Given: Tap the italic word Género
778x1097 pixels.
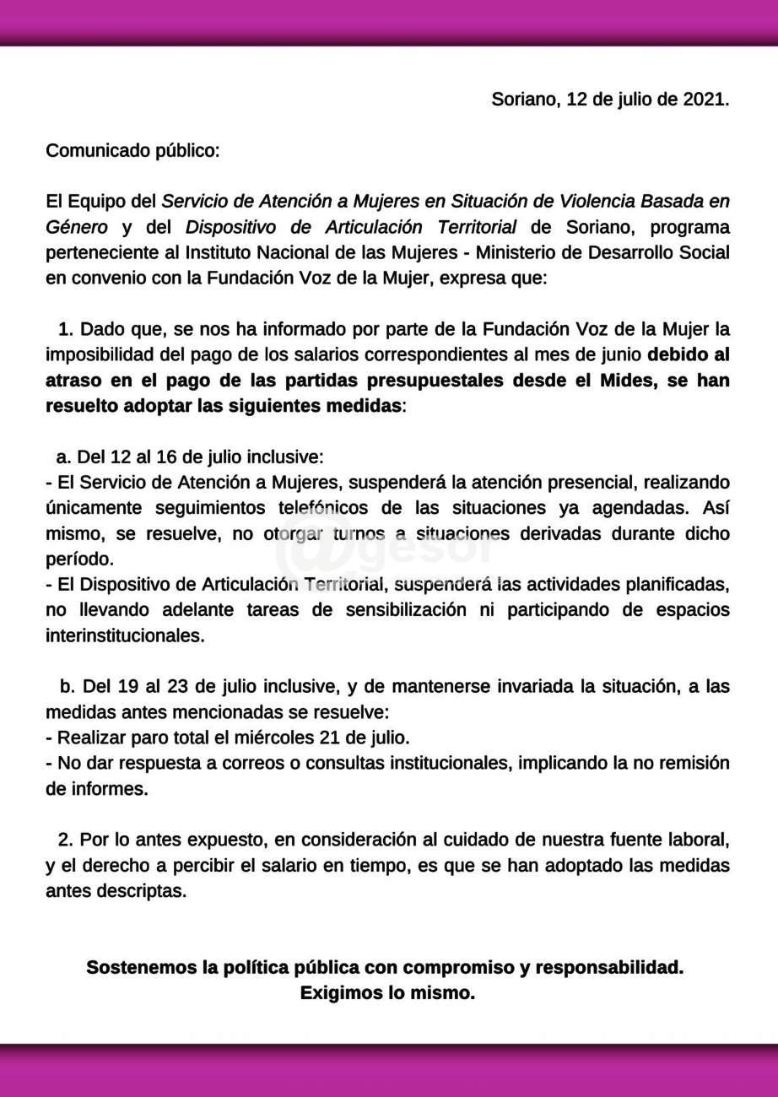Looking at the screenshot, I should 77,228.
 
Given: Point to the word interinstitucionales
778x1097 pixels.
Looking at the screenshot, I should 125,636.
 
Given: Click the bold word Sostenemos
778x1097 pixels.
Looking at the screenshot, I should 141,968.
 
